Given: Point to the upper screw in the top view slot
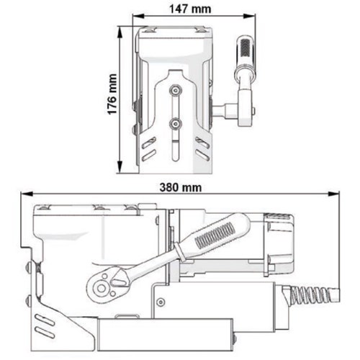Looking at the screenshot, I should point(174,90).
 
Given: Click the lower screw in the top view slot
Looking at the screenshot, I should point(174,123).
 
